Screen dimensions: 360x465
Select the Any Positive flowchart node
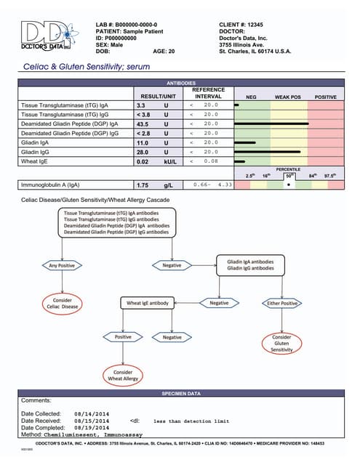[x=62, y=265]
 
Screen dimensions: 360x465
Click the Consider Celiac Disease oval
[x=62, y=302]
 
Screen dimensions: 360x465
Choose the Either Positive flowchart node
[x=282, y=302]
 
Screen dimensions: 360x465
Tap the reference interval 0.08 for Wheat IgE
[x=211, y=161]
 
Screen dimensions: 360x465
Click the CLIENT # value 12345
[x=261, y=24]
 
